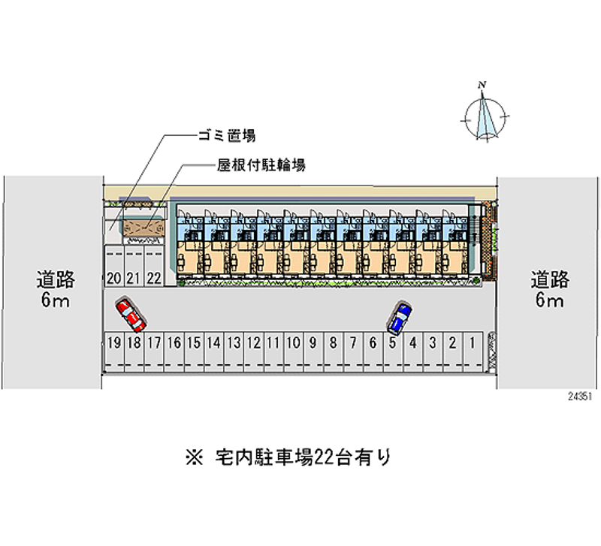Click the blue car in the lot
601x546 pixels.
(400, 317)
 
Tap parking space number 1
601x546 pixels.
(473, 352)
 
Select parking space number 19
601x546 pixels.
(114, 352)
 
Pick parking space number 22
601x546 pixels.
(154, 267)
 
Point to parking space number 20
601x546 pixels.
(114, 267)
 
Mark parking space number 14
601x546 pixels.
(213, 352)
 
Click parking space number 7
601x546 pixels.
(353, 352)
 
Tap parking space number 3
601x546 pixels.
(433, 352)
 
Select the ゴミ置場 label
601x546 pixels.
(227, 136)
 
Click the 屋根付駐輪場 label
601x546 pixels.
(261, 165)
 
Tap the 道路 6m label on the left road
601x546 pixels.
(56, 289)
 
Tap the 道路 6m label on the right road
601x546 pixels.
(550, 289)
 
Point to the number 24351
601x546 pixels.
(580, 397)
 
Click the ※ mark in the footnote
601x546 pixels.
(195, 457)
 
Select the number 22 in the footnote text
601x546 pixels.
(325, 457)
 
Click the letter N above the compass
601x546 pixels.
(482, 85)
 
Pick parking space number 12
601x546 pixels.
(253, 352)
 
